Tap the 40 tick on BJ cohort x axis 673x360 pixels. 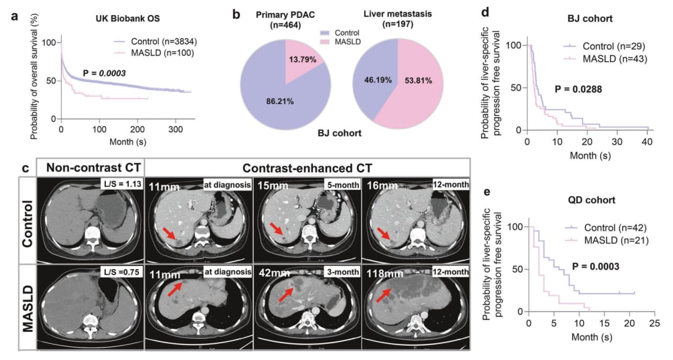click(x=647, y=142)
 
